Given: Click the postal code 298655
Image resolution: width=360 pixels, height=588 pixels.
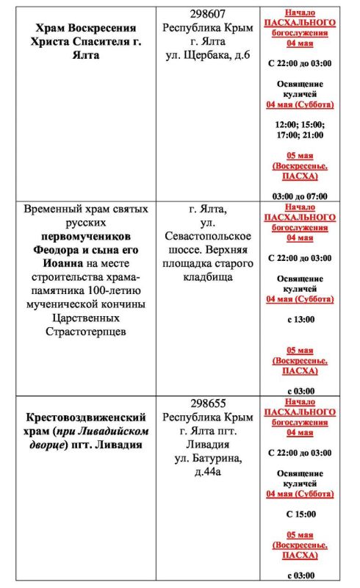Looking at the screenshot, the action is pos(208,404).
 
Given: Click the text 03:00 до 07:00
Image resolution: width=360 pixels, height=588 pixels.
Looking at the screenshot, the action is pos(300,196).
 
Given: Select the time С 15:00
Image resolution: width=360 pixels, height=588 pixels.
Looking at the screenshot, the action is pos(300,514).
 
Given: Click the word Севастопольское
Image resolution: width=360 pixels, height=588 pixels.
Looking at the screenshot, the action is pos(208,237).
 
